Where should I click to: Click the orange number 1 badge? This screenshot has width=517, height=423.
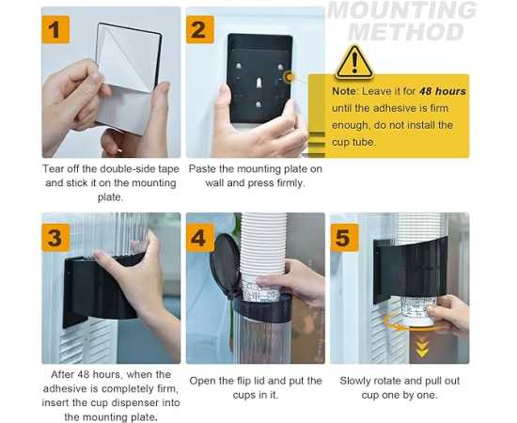55,30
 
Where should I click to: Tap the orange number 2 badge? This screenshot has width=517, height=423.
200,30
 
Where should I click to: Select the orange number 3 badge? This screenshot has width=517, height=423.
55,238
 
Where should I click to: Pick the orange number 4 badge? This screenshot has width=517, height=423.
200,238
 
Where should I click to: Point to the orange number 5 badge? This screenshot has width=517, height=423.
345,238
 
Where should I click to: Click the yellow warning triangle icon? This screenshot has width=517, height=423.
354,63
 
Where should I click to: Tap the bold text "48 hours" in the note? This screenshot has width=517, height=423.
443,91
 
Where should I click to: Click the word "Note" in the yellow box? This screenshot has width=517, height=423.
344,91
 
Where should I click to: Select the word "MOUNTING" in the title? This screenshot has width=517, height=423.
402,10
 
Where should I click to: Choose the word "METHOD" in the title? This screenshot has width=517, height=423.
406,32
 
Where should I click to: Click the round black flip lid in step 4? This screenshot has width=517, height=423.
226,265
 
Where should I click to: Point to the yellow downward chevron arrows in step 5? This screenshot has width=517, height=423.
422,349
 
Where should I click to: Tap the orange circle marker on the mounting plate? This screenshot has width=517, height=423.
290,77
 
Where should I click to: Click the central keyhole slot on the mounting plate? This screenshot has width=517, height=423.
259,82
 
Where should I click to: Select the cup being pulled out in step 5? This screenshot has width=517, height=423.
416,310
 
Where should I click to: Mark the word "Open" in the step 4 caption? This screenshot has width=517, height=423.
201,382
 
